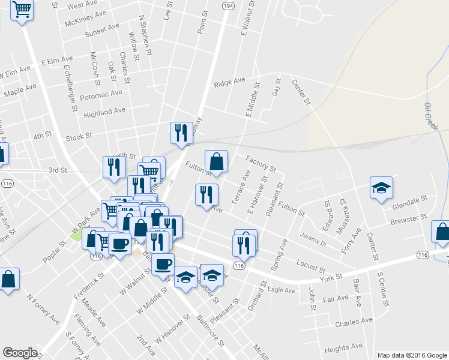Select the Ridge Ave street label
coord(230,82)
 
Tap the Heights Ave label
coord(343,347)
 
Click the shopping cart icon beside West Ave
coord(22,10)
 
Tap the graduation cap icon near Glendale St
coord(381,188)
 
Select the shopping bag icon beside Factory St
coord(217,161)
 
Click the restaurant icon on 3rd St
coord(114,167)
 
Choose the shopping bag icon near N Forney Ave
coord(8,279)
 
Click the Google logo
coord(20,353)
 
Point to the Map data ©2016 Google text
coord(412,355)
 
